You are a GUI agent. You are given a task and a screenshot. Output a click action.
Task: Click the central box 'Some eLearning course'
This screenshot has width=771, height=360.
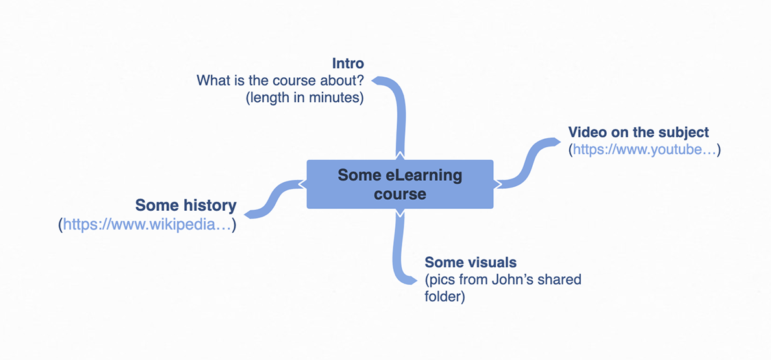[400, 184]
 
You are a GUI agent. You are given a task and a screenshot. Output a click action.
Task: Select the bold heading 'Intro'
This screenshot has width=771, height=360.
[348, 64]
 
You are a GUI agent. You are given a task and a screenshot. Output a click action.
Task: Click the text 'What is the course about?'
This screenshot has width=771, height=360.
[280, 81]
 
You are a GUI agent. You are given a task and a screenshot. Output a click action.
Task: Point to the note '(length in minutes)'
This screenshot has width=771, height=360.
[305, 99]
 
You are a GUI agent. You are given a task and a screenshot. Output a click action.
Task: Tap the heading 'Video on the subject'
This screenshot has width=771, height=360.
[639, 132]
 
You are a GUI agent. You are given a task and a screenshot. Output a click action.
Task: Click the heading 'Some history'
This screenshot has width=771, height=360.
[186, 206]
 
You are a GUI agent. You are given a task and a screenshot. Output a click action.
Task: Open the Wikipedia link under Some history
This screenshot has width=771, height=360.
[148, 225]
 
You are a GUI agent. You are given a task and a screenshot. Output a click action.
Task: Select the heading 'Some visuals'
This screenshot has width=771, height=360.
[471, 263]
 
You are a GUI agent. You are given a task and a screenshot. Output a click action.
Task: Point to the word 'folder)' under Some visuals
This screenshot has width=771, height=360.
[445, 298]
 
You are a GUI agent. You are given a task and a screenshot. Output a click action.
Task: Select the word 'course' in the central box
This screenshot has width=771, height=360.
[400, 194]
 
